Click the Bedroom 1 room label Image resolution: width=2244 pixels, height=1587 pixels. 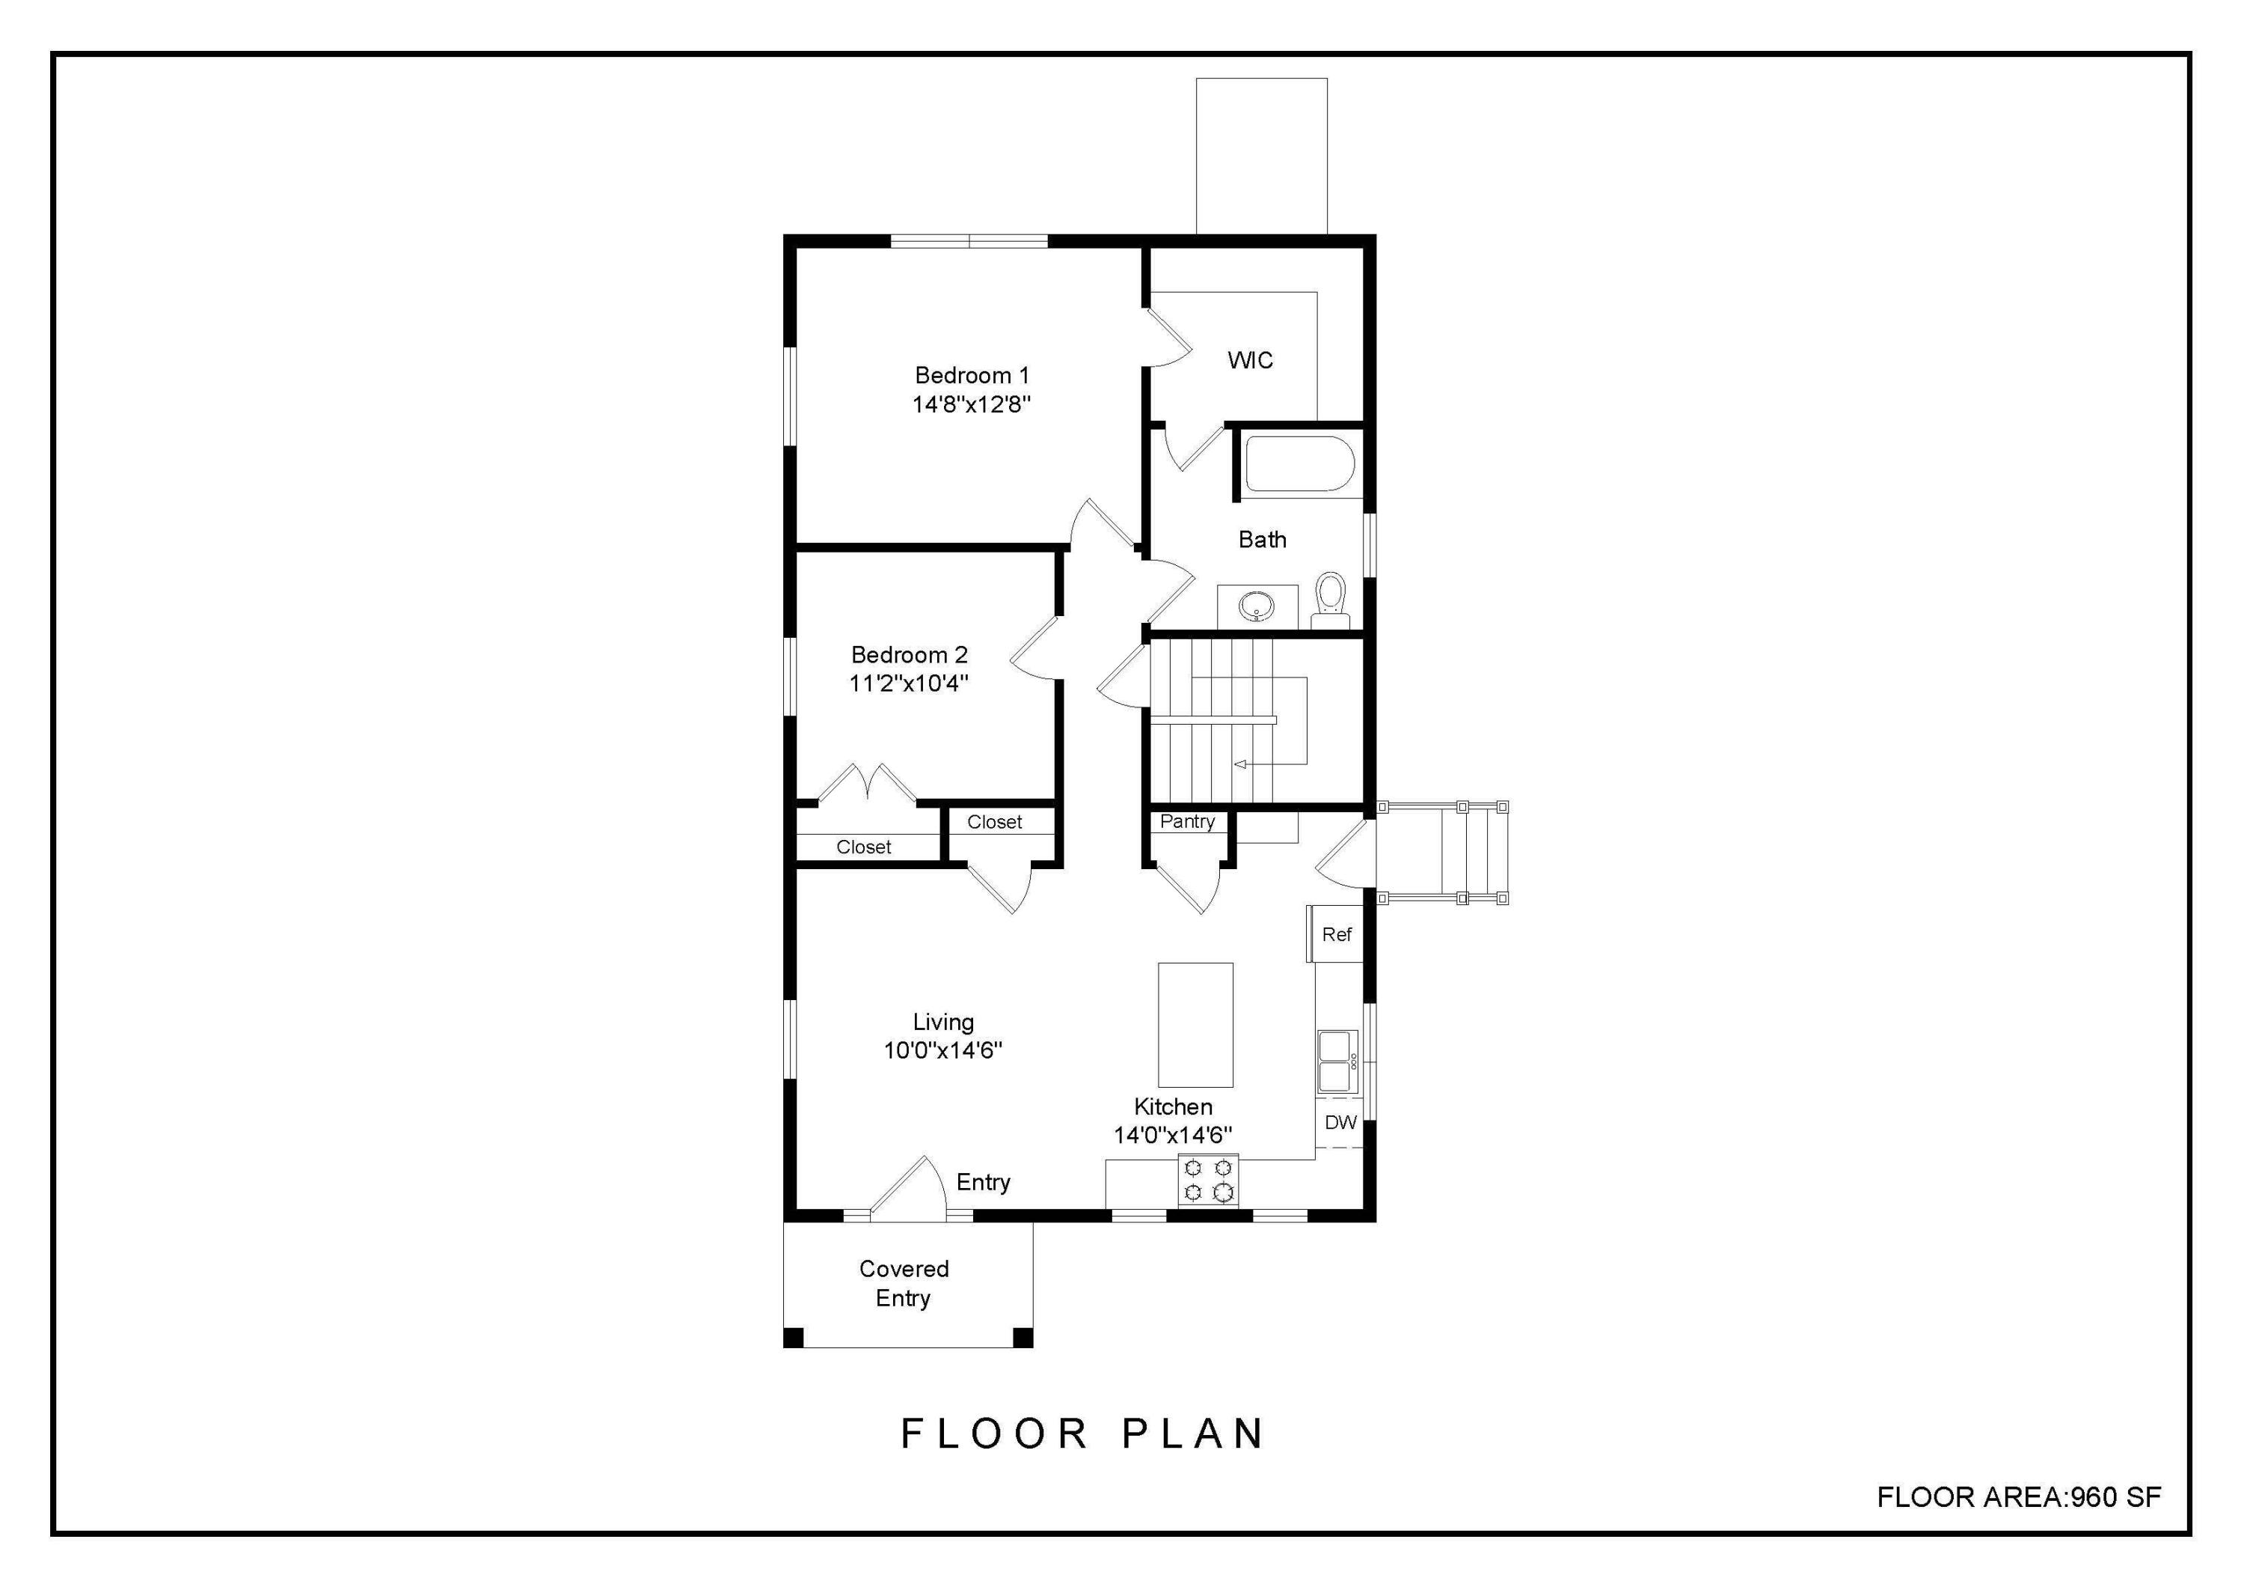(x=972, y=376)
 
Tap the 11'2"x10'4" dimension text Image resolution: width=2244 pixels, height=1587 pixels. (x=908, y=683)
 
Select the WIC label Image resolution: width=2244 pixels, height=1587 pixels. (x=1250, y=361)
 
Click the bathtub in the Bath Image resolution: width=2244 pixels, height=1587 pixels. (x=1298, y=463)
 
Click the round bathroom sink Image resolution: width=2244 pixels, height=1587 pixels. (x=1256, y=607)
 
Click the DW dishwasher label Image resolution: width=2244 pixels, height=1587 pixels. (x=1340, y=1123)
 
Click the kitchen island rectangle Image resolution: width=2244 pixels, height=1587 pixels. (x=1195, y=1025)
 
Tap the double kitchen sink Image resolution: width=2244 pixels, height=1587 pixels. (x=1336, y=1061)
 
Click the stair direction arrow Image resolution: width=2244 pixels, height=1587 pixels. (x=1241, y=764)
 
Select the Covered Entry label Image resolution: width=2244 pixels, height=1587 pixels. (x=903, y=1283)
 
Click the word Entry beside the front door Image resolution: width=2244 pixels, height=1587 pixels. (x=982, y=1182)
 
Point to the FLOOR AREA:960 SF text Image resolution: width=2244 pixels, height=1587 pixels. (x=2018, y=1496)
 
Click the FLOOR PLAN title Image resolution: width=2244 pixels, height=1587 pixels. (x=1081, y=1434)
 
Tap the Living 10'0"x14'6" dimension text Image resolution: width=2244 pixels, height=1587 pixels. (x=942, y=1051)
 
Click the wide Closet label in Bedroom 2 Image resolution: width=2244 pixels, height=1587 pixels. (x=863, y=847)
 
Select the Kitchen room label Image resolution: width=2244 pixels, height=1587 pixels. (x=1173, y=1107)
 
